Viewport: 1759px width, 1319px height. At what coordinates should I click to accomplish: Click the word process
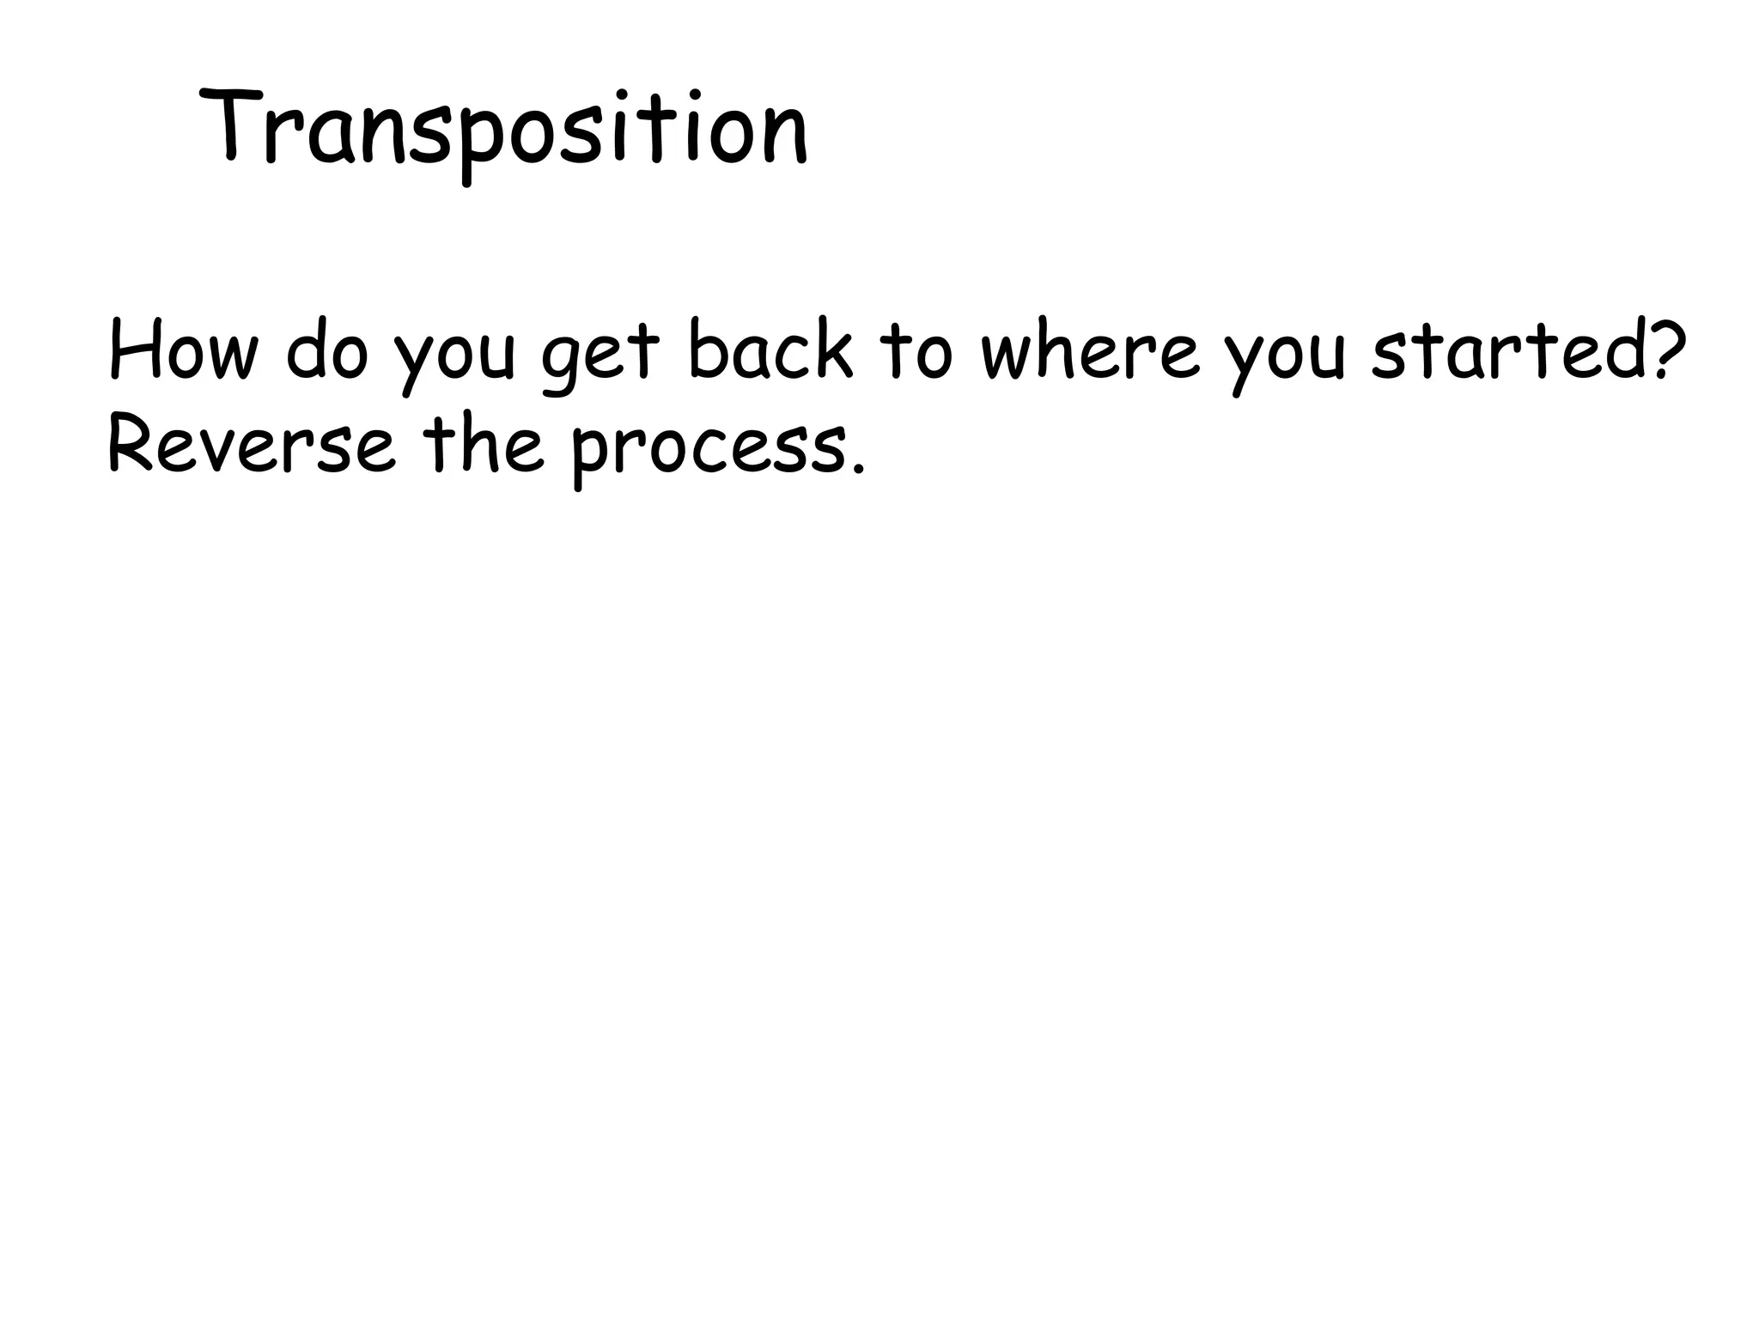point(709,451)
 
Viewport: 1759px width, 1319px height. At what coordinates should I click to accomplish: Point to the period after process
point(856,469)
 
